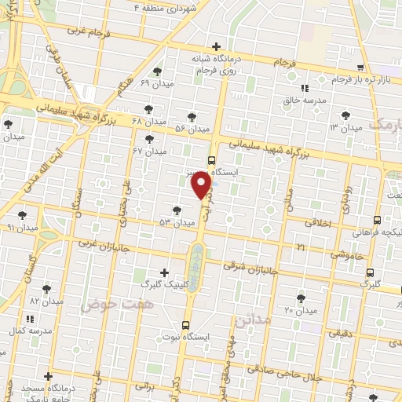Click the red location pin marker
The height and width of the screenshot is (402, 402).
[x=202, y=185]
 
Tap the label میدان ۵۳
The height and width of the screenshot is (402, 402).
[x=177, y=223]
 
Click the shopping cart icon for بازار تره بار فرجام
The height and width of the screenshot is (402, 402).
[x=360, y=68]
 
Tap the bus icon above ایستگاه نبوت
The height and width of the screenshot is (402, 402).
[x=186, y=324]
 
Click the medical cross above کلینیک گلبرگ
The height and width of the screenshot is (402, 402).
[x=163, y=272]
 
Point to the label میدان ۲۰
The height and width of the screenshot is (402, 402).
[x=300, y=310]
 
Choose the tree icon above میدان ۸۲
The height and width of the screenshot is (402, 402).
[x=47, y=289]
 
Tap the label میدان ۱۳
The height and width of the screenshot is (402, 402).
[x=345, y=127]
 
